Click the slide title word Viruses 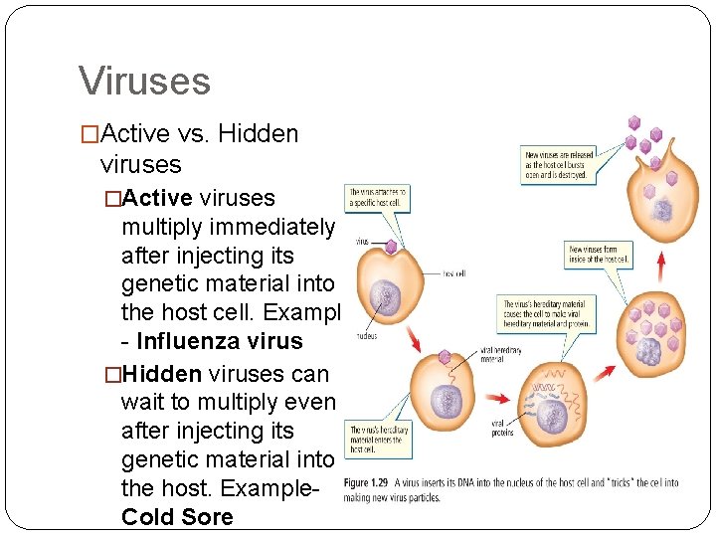click(144, 81)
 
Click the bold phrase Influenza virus click(219, 341)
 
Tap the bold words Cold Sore click(177, 517)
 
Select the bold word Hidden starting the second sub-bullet click(166, 372)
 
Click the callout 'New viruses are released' click(557, 164)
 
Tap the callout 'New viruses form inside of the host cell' click(598, 254)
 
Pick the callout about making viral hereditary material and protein click(544, 314)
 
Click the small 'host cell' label click(453, 273)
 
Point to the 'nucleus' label click(365, 336)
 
